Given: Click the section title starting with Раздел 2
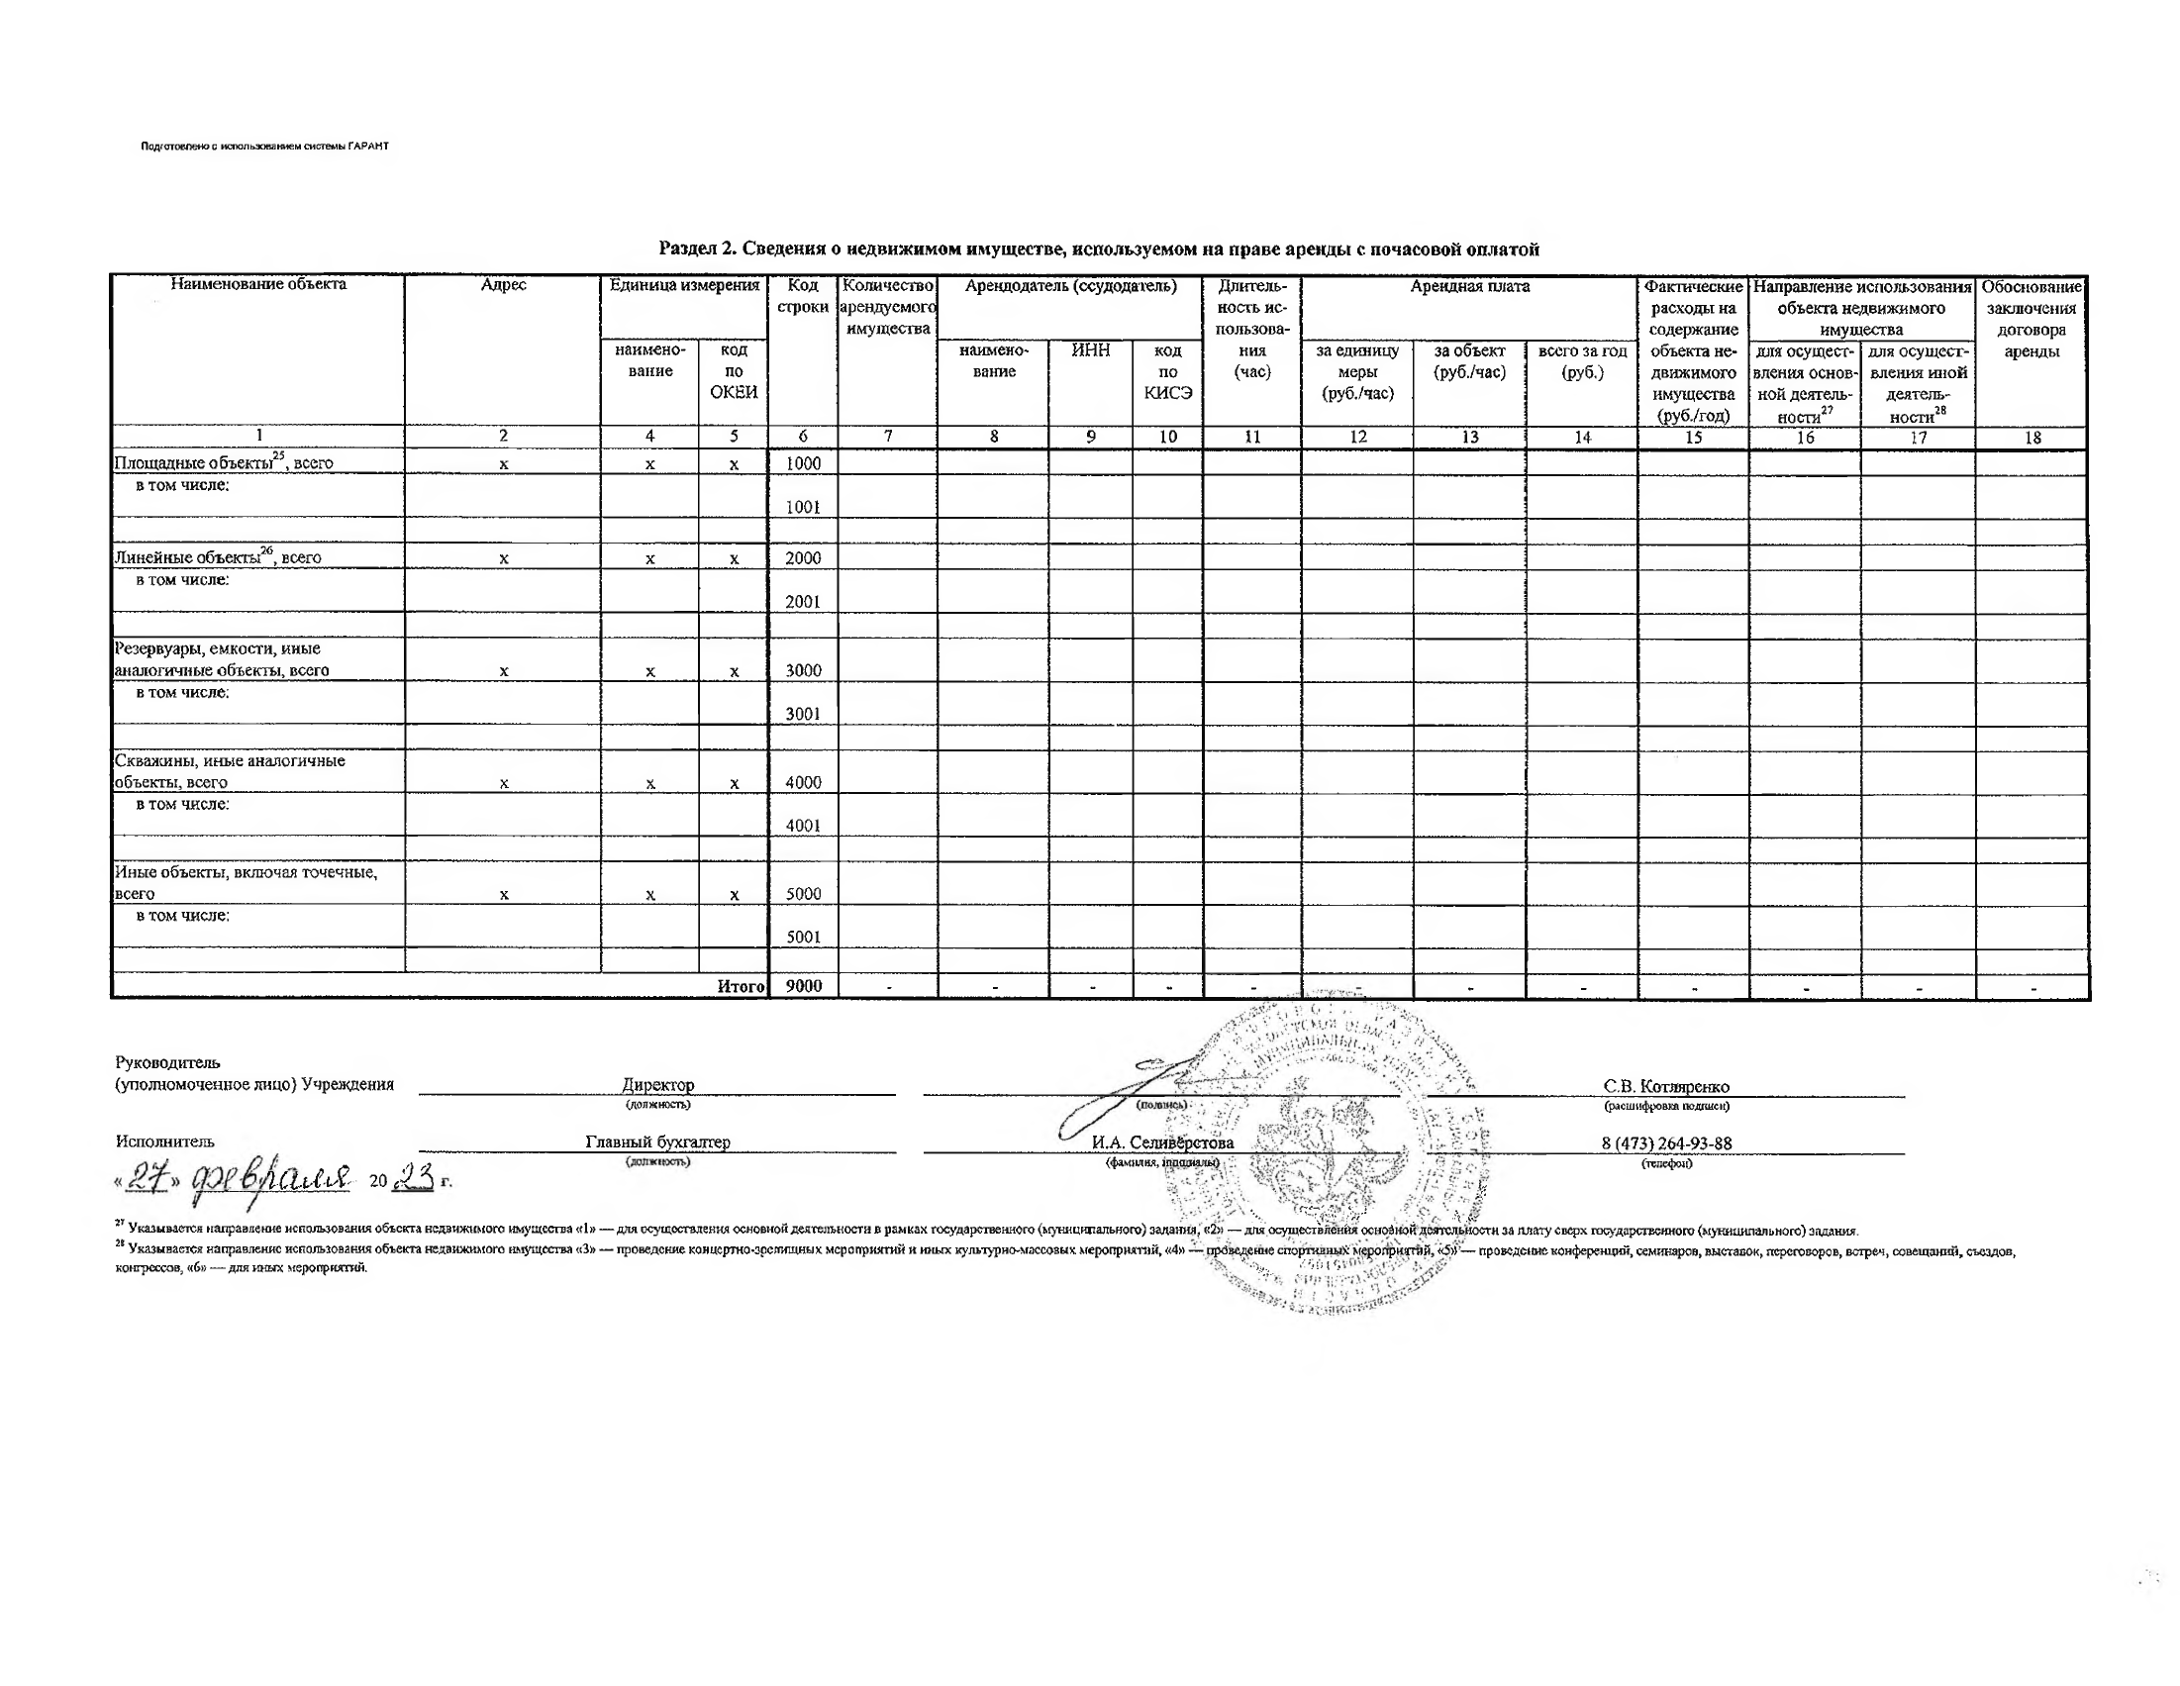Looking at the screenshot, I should tap(1098, 248).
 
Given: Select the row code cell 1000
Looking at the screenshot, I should tap(803, 463).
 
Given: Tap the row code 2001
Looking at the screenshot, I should tap(803, 602).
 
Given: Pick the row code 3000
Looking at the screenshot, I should tap(803, 671).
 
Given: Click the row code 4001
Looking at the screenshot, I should tap(803, 826).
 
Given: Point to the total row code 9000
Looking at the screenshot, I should tap(804, 986).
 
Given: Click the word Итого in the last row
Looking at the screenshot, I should tap(741, 986).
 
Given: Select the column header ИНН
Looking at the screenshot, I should tap(1090, 350).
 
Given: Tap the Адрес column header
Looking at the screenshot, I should tap(503, 285).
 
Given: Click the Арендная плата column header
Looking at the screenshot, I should tap(1469, 287).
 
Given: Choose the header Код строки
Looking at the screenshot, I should tap(803, 296).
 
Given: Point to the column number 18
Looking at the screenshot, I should tap(2032, 438).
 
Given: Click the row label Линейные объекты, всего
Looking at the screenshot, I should tap(218, 557).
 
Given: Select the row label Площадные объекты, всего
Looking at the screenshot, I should tap(224, 462).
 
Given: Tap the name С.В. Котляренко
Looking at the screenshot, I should tap(1666, 1086).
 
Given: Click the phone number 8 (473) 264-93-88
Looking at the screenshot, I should tap(1666, 1142).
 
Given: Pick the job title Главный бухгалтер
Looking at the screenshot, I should tap(657, 1141).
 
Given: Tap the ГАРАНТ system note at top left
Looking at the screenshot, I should tap(264, 147).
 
